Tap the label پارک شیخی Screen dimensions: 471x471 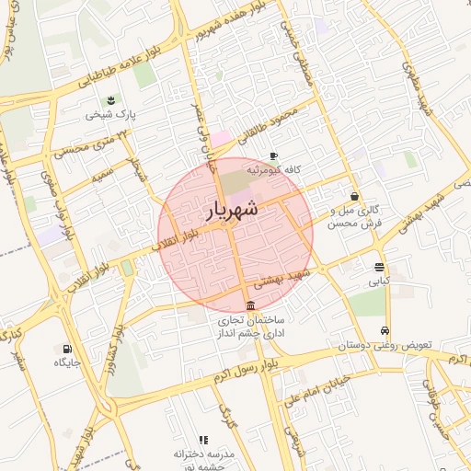[x=111, y=115]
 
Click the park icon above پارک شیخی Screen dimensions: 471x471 [x=111, y=99]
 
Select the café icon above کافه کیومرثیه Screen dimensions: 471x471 [x=272, y=156]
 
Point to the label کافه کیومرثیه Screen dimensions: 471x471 [x=272, y=170]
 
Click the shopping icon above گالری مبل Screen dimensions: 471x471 [x=355, y=195]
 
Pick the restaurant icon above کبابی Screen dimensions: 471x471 [x=379, y=268]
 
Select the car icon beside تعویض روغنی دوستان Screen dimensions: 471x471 [x=385, y=331]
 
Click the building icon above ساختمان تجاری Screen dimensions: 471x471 [x=251, y=306]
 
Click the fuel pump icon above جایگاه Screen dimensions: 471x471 [x=67, y=349]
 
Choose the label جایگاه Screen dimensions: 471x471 [x=67, y=362]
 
